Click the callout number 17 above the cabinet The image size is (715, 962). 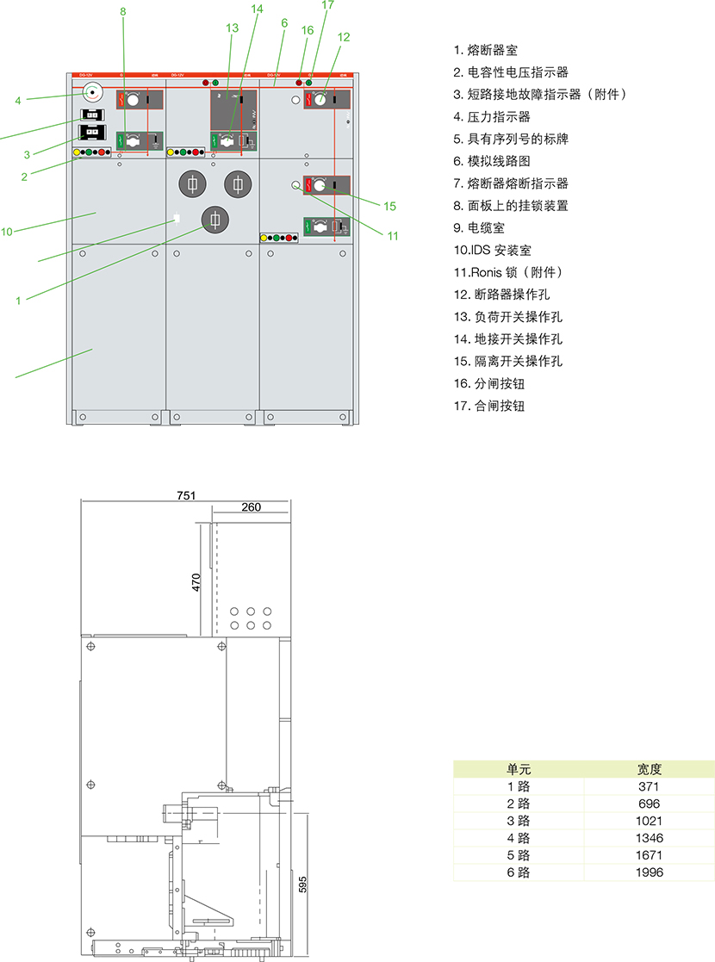pos(327,5)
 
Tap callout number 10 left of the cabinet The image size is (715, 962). pos(7,231)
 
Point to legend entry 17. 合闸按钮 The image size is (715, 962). pos(488,406)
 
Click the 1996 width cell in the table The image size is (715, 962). pos(650,872)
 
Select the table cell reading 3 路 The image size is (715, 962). pos(519,821)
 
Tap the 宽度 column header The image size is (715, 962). pos(650,769)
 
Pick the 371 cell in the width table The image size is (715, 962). pos(650,786)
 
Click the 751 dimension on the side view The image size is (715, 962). pos(187,495)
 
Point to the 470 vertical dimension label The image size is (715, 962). pos(196,582)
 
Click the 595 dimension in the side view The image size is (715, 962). pos(302,884)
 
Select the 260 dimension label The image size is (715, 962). pos(251,508)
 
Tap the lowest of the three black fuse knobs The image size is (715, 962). pos(214,220)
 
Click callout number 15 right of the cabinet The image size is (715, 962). pos(389,206)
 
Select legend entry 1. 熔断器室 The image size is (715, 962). pos(485,51)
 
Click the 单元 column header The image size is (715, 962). pos(519,769)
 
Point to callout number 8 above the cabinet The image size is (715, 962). pos(123,11)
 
